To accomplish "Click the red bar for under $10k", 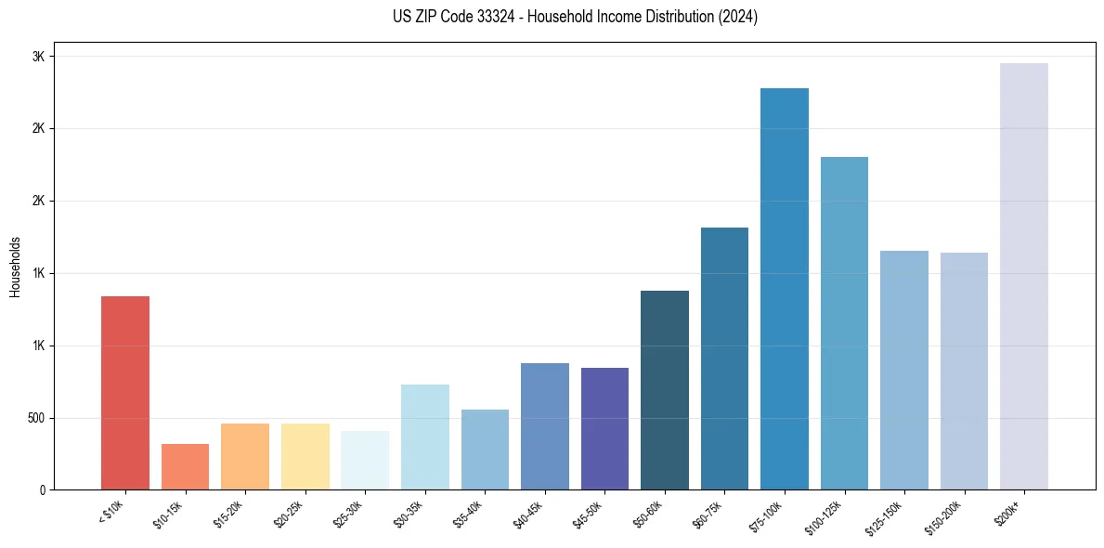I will tap(125, 393).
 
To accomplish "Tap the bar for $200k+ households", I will tap(1024, 277).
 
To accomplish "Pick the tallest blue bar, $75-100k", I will tap(785, 289).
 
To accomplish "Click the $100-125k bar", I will tap(844, 323).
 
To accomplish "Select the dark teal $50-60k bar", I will tap(665, 390).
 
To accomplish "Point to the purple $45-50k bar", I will tap(604, 428).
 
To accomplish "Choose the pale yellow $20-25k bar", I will tap(305, 456).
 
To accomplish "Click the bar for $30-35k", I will tap(425, 437).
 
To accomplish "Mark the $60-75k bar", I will tap(724, 359).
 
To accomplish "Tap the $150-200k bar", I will tap(964, 371).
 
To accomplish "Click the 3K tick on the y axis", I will tap(39, 57).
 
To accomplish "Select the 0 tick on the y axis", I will tap(43, 489).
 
